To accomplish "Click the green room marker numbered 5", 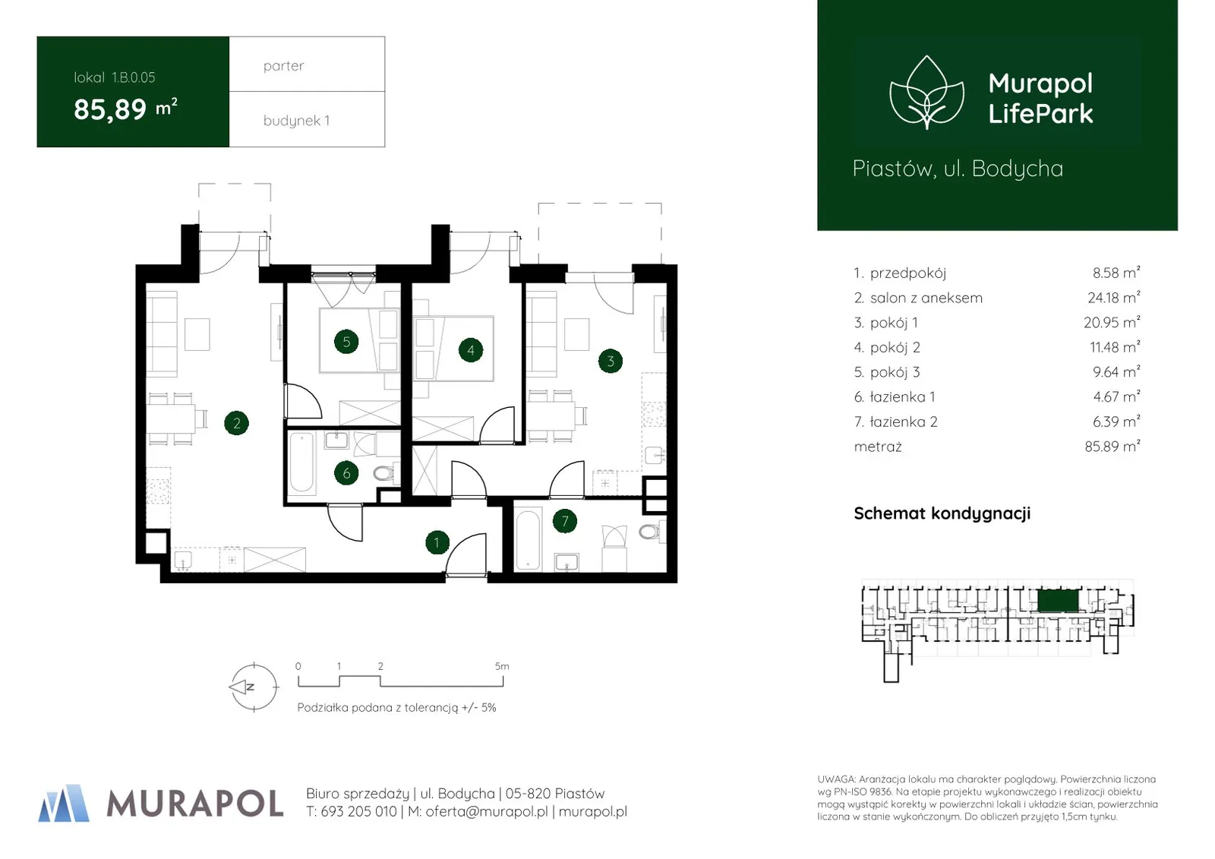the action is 346,342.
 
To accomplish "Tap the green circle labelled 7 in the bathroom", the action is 565,522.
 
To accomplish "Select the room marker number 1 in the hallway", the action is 437,542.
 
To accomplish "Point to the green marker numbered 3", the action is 611,361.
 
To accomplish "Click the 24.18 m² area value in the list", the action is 1113,298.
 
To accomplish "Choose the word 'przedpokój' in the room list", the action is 908,273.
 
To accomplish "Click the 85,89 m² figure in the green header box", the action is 125,109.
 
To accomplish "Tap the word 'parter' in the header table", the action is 283,66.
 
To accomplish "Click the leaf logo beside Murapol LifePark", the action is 926,93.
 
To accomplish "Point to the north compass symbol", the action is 254,687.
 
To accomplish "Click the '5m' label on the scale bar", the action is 502,666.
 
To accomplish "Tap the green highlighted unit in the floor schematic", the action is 1058,602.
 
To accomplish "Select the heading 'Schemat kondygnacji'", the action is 942,513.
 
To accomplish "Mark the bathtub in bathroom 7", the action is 528,538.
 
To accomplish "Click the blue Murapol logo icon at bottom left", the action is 64,803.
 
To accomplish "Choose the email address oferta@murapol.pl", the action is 487,812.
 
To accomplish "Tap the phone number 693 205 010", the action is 358,812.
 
